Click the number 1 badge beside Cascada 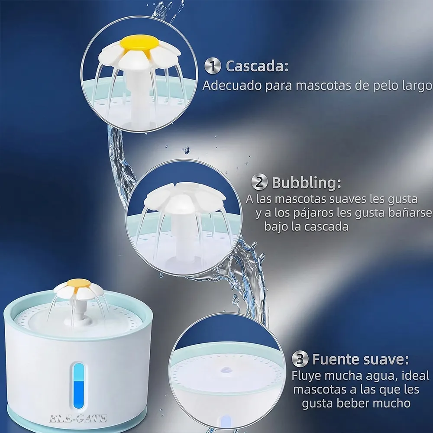point(212,66)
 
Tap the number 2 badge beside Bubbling point(259,182)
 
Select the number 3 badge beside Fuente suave point(300,359)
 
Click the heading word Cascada point(257,66)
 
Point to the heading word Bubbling point(307,183)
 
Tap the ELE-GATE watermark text point(78,419)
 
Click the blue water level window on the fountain point(79,386)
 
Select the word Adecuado point(232,86)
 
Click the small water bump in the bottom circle point(226,370)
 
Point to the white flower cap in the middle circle point(184,196)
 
